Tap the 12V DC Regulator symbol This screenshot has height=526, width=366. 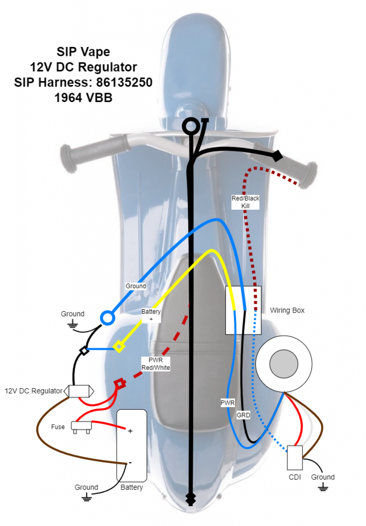(79, 391)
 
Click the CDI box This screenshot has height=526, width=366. (294, 458)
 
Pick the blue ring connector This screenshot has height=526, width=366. (107, 318)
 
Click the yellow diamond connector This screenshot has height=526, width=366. (120, 347)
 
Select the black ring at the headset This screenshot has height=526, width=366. (190, 126)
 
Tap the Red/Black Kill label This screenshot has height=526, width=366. (246, 203)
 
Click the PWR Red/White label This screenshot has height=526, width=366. (156, 363)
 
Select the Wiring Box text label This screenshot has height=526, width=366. (287, 310)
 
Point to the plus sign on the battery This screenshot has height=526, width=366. (130, 431)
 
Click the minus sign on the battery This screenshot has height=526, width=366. (130, 463)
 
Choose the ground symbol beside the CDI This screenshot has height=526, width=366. (322, 488)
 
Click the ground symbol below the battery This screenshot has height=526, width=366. (86, 497)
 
